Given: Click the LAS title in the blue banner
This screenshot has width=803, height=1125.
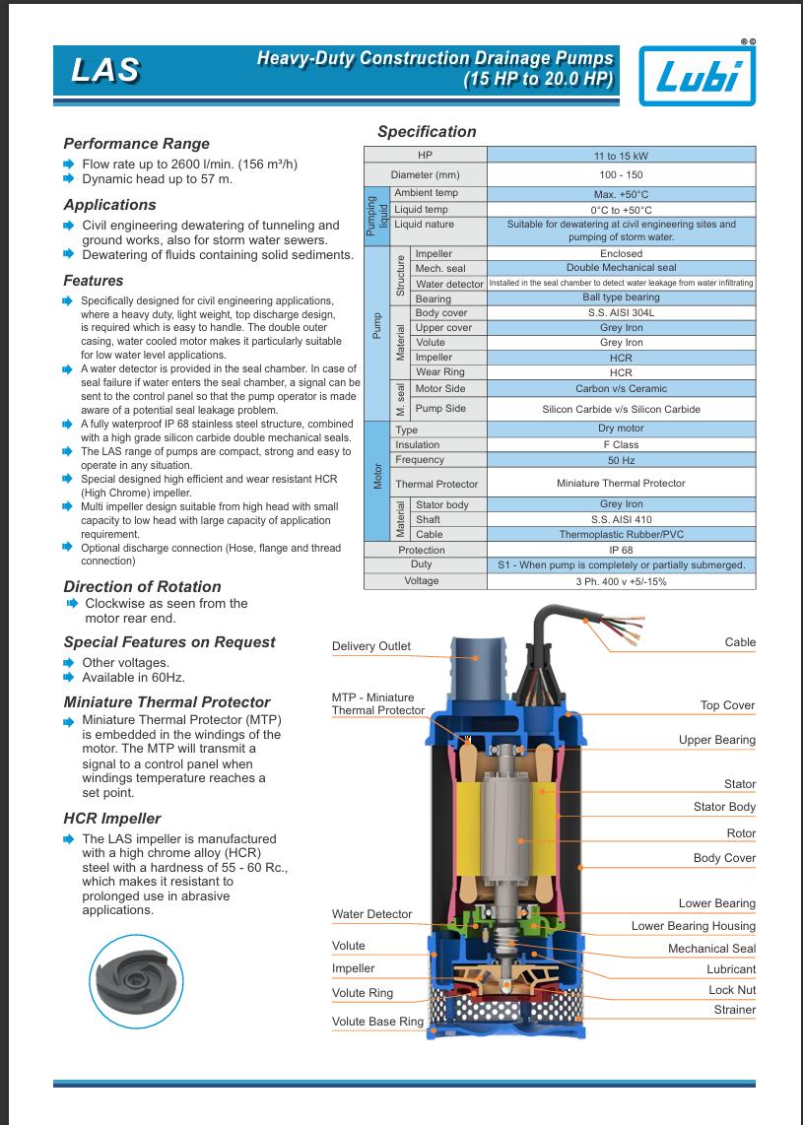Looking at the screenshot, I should coord(104,70).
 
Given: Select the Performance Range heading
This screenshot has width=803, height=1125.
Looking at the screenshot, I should coord(136,144).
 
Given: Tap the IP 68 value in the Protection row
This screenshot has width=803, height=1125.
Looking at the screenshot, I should coord(621,550).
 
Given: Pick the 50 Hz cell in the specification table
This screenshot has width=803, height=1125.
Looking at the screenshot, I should coord(621,460).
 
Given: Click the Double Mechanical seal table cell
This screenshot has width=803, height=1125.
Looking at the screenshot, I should coord(621,268).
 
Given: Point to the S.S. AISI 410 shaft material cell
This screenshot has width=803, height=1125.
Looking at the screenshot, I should coord(621,519).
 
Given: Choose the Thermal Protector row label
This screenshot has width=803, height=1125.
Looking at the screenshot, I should coord(436,484).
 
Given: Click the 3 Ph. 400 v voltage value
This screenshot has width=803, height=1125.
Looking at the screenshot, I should coord(621,581).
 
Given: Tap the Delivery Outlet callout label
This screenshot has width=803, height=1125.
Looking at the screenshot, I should coord(371,646).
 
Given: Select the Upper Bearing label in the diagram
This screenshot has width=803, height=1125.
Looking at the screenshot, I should coord(716,740).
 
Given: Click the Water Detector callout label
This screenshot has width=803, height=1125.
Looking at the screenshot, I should coord(371,914).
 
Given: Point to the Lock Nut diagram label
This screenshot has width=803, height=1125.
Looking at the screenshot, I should coord(732,990).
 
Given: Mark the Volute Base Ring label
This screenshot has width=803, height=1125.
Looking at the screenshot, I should coord(377,1022).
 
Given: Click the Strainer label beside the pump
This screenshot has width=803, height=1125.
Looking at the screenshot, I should coord(735,1010).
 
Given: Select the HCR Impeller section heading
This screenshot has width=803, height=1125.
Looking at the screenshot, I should coord(112,819).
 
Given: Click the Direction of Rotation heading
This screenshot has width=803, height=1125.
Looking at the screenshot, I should coord(141,586).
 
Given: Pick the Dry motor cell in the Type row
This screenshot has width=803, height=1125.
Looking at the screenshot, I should coord(621,429).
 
